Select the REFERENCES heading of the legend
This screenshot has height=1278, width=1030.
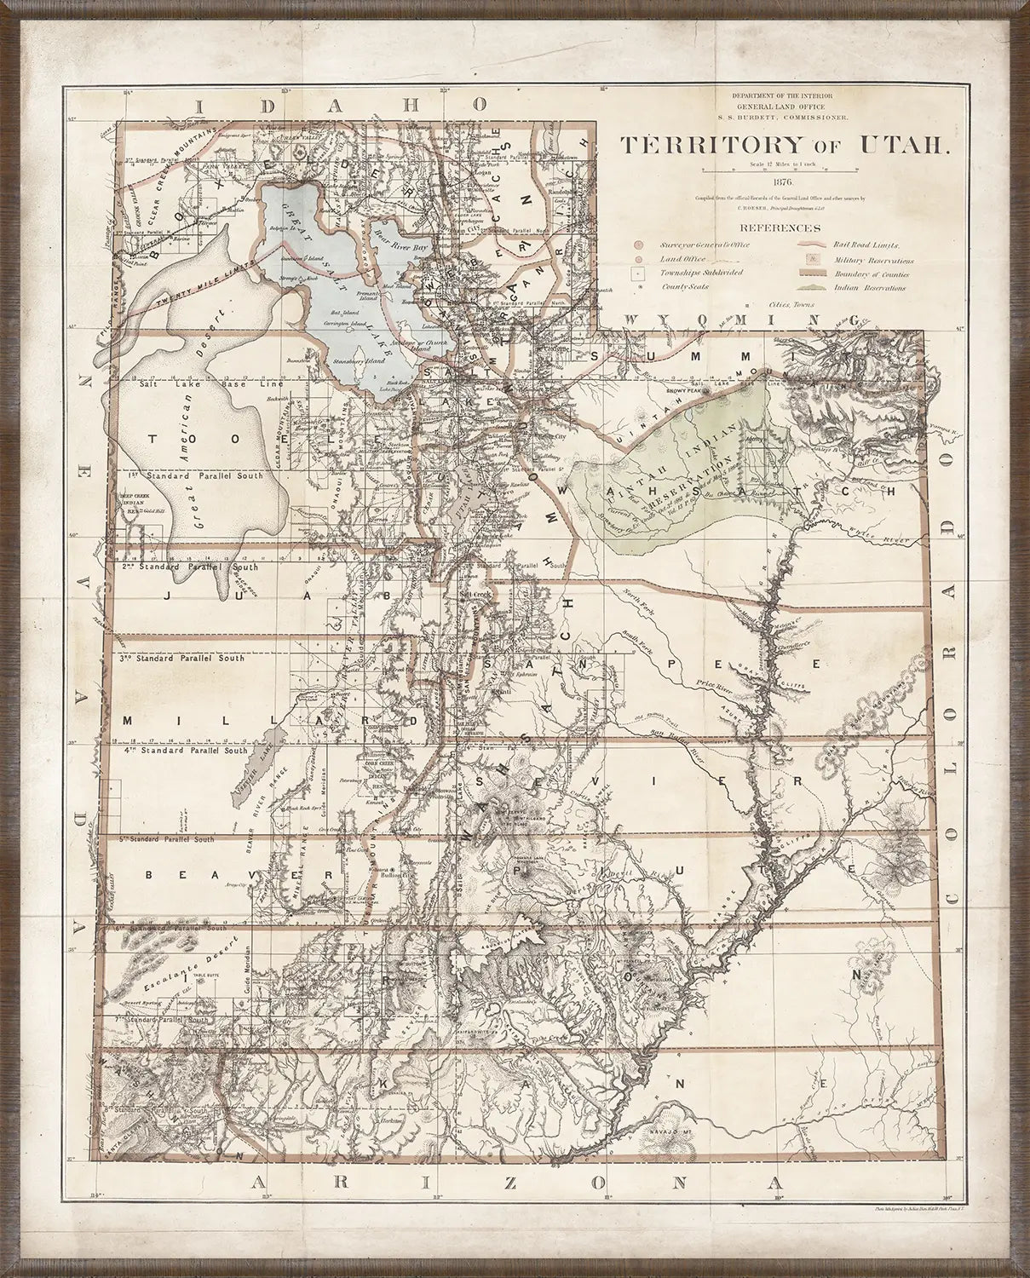780,228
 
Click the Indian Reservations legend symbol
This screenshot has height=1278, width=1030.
812,288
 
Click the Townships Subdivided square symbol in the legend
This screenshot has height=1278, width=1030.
636,273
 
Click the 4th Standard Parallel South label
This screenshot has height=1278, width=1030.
185,751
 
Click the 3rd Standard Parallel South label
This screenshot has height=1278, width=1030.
182,659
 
